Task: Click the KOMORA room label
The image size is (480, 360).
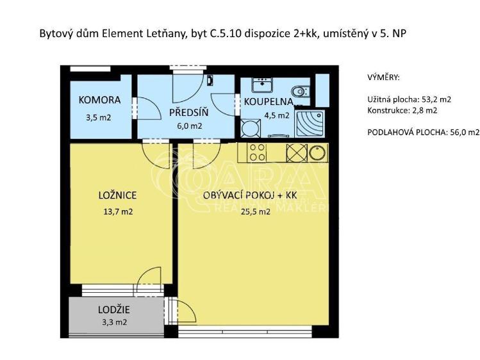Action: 99,100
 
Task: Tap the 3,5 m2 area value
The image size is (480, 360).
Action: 99,117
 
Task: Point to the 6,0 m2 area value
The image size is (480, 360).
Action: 189,126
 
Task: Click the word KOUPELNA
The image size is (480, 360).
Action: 269,101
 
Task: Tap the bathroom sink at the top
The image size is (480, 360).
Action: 263,85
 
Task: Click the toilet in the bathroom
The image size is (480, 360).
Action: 300,91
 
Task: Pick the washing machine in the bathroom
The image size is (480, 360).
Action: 249,127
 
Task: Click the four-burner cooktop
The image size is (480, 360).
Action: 257,152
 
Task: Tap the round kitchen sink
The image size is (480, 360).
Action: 317,152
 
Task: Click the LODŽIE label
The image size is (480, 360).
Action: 114,310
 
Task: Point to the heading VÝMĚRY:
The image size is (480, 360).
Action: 383,78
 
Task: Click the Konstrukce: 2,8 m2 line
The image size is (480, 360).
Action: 402,110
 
